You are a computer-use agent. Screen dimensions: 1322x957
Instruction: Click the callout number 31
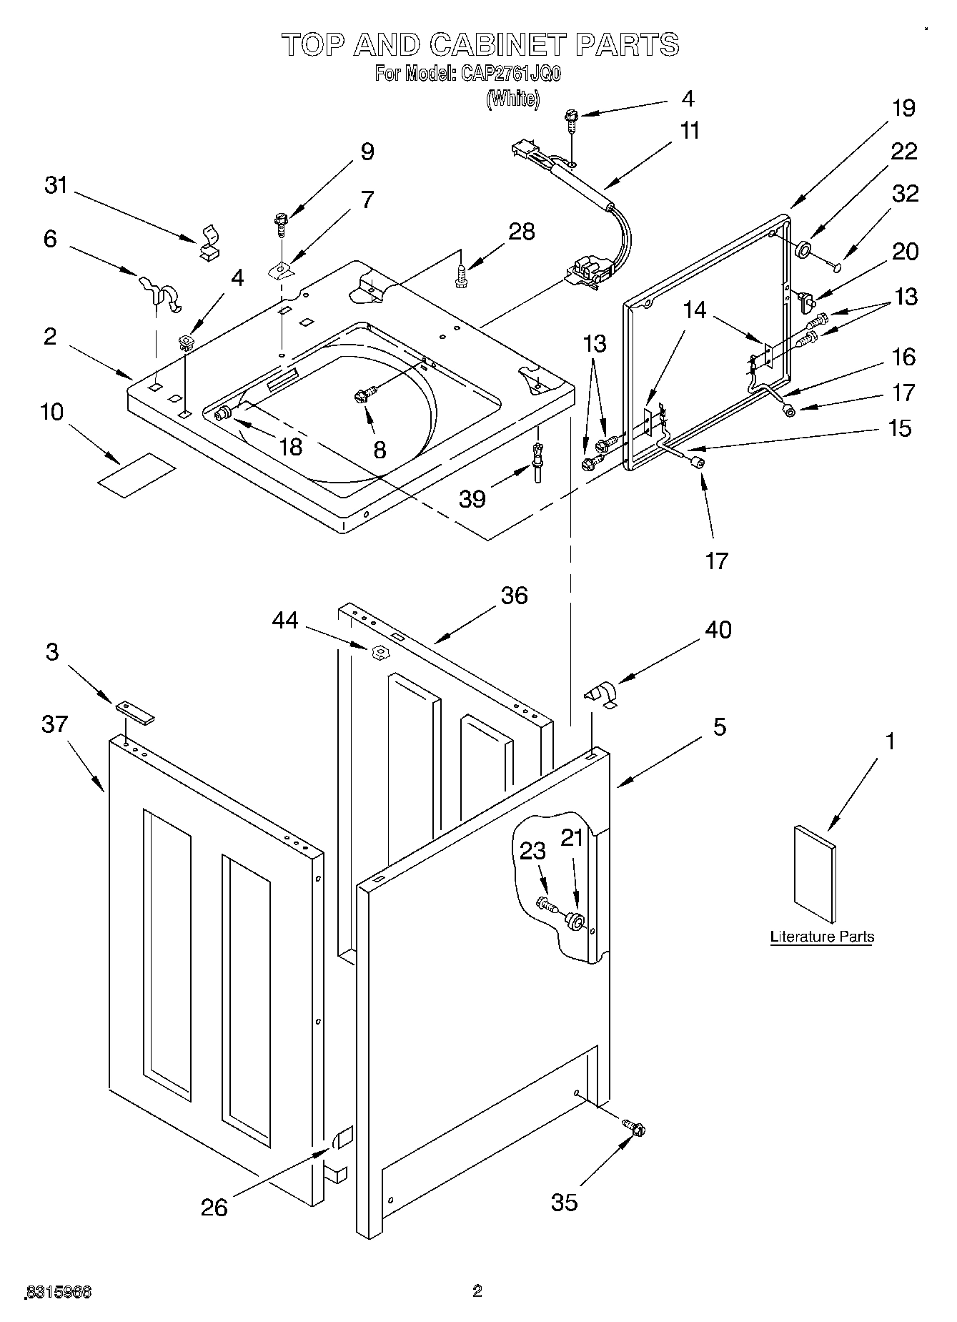pos(56,185)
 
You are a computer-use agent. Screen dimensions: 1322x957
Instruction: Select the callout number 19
pos(903,108)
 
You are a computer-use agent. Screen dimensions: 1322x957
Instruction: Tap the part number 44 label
pos(285,621)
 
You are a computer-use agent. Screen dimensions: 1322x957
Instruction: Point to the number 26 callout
pos(214,1208)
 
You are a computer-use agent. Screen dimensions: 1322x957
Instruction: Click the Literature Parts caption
pos(821,937)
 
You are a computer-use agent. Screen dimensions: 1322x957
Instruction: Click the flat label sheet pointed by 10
pos(137,475)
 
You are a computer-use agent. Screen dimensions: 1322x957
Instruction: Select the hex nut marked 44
pos(380,651)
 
